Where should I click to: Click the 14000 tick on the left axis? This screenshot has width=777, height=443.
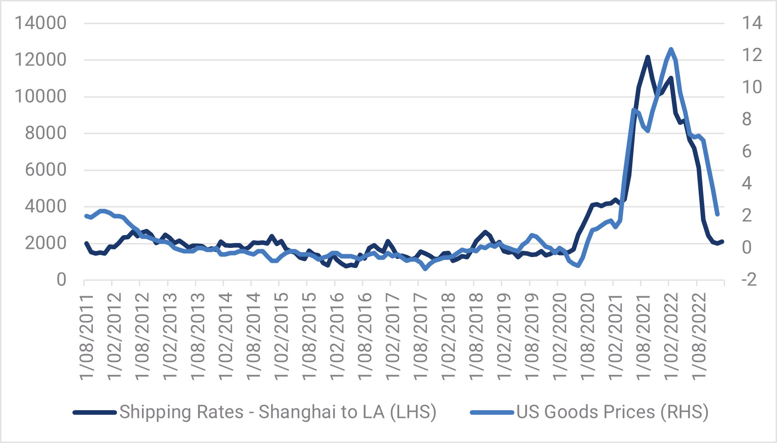(41, 23)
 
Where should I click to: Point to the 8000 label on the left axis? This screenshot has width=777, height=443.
(45, 133)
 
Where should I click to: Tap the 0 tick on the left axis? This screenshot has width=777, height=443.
(61, 280)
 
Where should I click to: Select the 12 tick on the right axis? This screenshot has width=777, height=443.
(752, 55)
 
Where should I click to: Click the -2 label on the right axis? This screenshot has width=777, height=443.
(749, 279)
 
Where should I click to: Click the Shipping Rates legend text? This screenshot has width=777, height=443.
(278, 412)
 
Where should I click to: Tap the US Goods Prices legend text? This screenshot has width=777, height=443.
(612, 412)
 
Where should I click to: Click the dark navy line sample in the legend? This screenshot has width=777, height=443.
(96, 412)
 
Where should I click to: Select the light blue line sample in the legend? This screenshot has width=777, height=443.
(493, 412)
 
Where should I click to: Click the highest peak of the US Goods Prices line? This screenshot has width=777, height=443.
(670, 49)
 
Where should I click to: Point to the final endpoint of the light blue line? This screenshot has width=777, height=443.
(717, 214)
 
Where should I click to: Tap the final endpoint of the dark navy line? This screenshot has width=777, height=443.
(722, 242)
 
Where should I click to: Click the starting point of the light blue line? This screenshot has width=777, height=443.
(86, 216)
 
